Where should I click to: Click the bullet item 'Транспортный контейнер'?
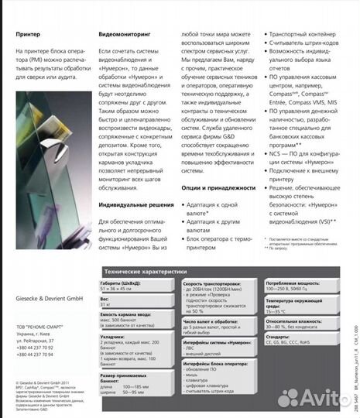[303, 36]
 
